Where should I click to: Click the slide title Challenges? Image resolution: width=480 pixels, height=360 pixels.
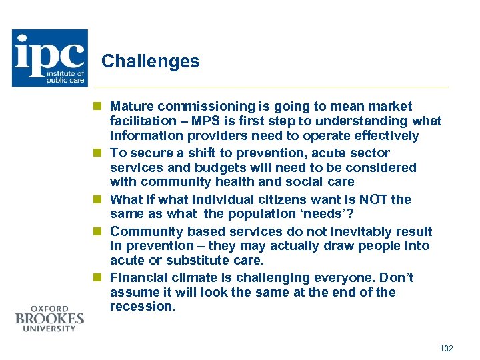(150, 62)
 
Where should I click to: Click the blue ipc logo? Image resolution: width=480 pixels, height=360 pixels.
(49, 58)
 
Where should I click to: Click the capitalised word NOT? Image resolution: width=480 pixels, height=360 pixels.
(373, 199)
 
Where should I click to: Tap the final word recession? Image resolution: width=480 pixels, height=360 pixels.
(141, 307)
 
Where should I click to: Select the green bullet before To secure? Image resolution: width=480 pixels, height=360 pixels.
(97, 153)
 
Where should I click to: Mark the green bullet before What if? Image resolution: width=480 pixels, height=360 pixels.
(97, 199)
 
